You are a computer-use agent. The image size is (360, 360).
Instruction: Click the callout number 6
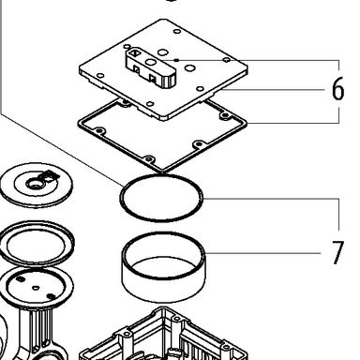(x=337, y=89)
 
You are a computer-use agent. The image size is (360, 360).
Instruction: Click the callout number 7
(x=337, y=252)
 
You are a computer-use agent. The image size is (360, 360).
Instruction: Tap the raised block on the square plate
(x=150, y=67)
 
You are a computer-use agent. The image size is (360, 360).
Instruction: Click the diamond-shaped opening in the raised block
(x=135, y=52)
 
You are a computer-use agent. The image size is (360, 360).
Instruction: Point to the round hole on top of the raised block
(x=151, y=62)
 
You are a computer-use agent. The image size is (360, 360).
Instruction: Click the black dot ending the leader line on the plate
(x=177, y=60)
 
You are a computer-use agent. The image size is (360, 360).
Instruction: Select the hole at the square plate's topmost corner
(x=177, y=32)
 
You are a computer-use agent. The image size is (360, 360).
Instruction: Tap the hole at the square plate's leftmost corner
(x=100, y=76)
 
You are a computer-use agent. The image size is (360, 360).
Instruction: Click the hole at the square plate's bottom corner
(x=150, y=104)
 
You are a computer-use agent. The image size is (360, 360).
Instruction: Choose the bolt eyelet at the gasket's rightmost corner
(x=224, y=116)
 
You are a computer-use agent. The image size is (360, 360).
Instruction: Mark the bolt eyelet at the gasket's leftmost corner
(x=99, y=130)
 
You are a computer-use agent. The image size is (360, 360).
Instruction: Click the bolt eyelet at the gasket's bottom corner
(x=149, y=159)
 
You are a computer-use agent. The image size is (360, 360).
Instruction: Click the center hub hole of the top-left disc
(x=34, y=185)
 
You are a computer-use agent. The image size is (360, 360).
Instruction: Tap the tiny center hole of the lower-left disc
(x=36, y=288)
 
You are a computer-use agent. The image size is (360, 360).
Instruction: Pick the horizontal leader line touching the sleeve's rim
(x=263, y=253)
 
